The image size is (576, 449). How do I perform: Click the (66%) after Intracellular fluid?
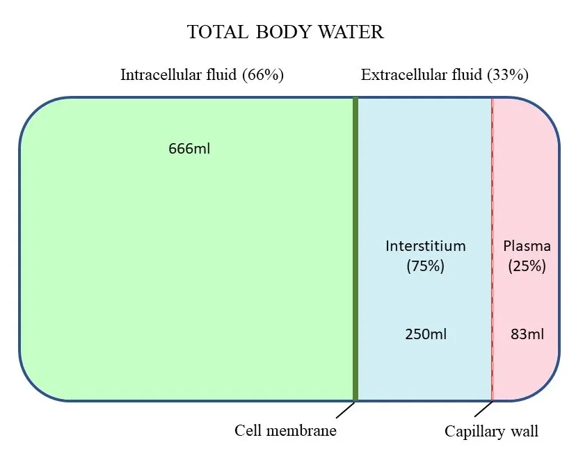pos(263,75)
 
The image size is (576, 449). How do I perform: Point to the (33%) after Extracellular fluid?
pos(508,75)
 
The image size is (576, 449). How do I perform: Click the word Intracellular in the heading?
pos(160,75)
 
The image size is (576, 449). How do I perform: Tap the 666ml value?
pos(189,149)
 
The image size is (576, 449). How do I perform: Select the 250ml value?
pos(426,334)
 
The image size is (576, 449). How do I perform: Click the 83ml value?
pos(527,334)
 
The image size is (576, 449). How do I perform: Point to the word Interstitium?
pos(426,246)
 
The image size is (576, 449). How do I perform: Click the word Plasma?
pos(527,246)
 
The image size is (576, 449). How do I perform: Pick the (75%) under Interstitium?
pos(426,266)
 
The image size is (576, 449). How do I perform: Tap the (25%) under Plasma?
pos(527,266)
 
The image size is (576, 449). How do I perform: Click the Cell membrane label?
pos(285,431)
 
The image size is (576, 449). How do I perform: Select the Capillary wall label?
pos(491,432)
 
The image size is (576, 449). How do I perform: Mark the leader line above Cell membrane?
pos(345,410)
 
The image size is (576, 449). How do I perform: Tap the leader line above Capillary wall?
pos(484,410)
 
